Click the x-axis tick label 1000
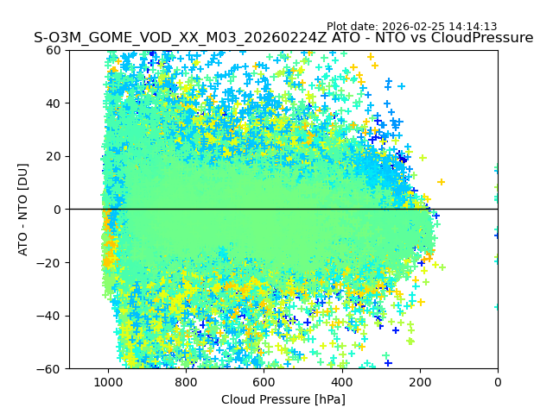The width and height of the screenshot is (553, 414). pos(108,383)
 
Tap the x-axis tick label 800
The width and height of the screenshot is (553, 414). pos(186,383)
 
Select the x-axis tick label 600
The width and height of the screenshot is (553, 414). pos(264,383)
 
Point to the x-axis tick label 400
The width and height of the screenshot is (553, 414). pos(341,383)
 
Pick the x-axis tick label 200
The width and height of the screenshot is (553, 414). pos(420,383)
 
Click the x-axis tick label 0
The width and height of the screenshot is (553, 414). pos(498,383)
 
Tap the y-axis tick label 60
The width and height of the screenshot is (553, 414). pos(54,50)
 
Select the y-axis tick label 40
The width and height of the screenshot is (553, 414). pos(54,103)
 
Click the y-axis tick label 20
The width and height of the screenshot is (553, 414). pos(54,156)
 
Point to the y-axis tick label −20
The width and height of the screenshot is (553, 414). pos(50,262)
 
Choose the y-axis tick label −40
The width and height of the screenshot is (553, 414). pos(50,316)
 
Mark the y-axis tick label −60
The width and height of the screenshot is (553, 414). pos(50,368)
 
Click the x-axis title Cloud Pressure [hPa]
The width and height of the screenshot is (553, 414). pos(283,399)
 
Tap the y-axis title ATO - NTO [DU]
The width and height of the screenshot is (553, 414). pos(23,210)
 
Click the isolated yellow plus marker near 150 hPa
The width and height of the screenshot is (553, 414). pos(441,182)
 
